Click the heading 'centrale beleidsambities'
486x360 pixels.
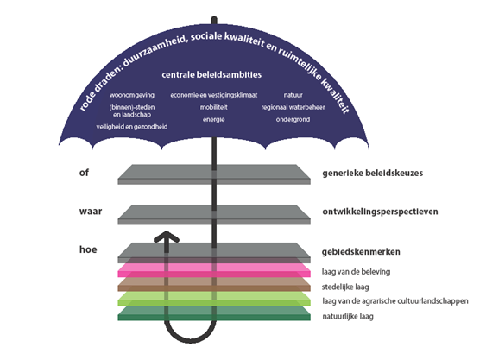pyautogui.click(x=211, y=76)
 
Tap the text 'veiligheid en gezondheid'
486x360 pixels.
pyautogui.click(x=132, y=126)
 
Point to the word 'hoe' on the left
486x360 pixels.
pyautogui.click(x=85, y=249)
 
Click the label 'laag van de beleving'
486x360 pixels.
pyautogui.click(x=356, y=270)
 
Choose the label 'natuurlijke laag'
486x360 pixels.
pyautogui.click(x=349, y=317)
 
